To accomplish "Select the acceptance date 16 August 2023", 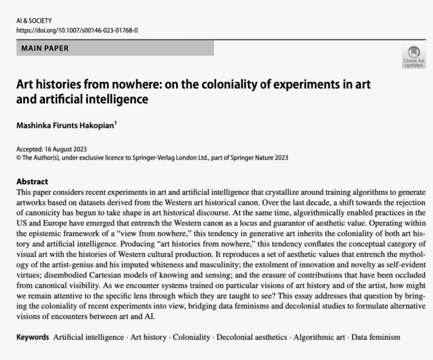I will point(68,148).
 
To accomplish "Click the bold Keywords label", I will point(33,337).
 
